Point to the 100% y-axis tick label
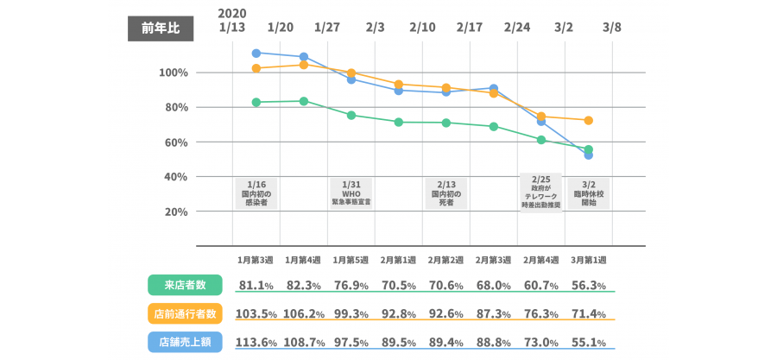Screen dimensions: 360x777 (174, 73)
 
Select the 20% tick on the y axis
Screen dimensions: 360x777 (176, 212)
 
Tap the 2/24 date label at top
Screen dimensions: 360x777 (517, 28)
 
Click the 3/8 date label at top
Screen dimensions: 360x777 (612, 28)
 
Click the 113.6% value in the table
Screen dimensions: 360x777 (256, 342)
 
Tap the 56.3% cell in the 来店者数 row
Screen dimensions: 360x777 (589, 285)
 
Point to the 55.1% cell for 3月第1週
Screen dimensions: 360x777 (589, 342)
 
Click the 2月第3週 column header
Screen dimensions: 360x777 (494, 259)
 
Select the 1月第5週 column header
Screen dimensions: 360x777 (351, 259)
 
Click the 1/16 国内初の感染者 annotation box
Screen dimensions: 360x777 (256, 194)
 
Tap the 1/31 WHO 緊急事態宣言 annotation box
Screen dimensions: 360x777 (351, 194)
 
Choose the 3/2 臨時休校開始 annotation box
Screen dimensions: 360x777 (589, 194)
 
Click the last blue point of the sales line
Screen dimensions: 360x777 (589, 155)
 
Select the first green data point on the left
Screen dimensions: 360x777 (256, 102)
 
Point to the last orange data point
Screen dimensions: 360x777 (589, 120)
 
